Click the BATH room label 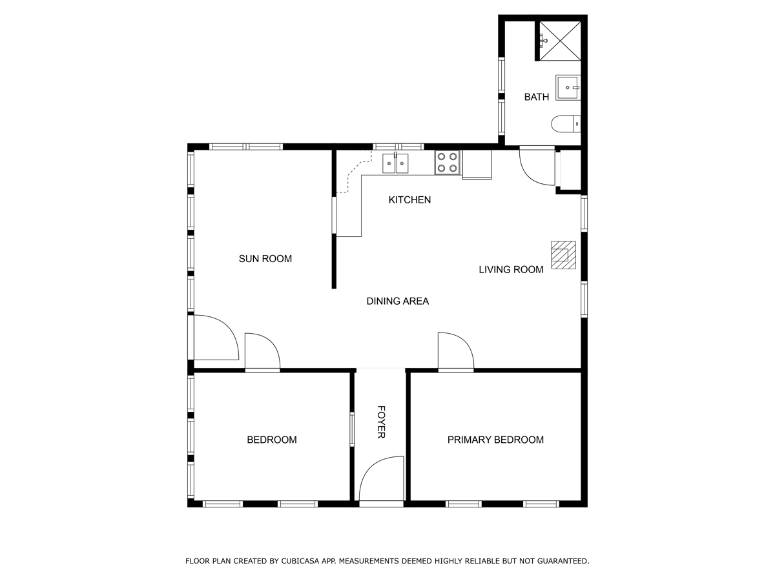click(x=536, y=97)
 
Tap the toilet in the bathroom click(x=566, y=124)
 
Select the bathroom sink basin click(x=568, y=88)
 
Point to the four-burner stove click(x=448, y=163)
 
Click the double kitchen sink click(x=395, y=163)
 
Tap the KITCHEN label click(x=409, y=200)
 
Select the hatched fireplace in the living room click(x=564, y=255)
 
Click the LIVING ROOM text click(x=511, y=270)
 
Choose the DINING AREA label click(x=398, y=301)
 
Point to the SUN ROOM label click(x=265, y=259)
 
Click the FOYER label click(x=381, y=422)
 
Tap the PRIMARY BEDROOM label click(x=495, y=440)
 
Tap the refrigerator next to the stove click(x=477, y=165)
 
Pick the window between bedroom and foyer click(x=352, y=429)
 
